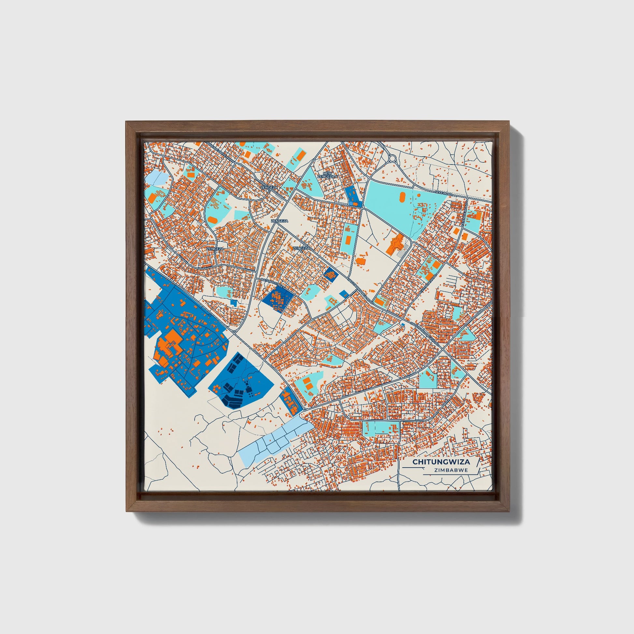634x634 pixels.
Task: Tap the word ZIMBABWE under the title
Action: pyautogui.click(x=451, y=470)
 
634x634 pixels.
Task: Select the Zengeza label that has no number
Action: pyautogui.click(x=280, y=221)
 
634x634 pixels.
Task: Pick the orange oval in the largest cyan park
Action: pyautogui.click(x=402, y=197)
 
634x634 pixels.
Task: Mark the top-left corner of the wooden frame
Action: pyautogui.click(x=126, y=122)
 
